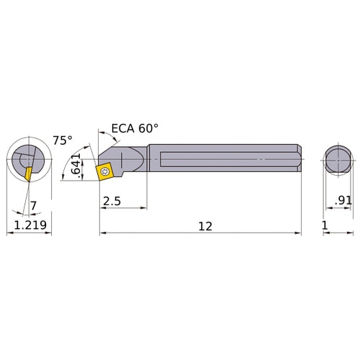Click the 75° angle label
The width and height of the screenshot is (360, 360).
click(63, 141)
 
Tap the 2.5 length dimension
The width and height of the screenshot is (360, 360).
click(112, 201)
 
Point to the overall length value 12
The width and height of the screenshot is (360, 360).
click(205, 225)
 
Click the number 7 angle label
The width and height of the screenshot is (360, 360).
click(33, 207)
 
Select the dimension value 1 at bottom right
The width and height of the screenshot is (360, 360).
click(325, 225)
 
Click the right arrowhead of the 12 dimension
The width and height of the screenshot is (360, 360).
click(297, 233)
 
